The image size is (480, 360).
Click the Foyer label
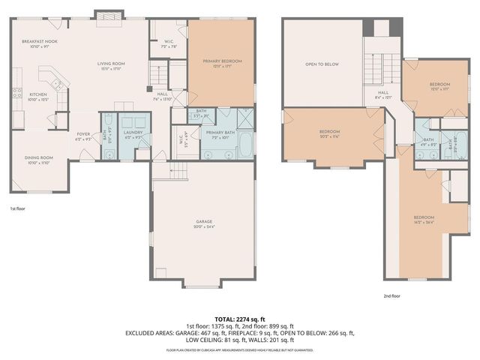pyautogui.click(x=83, y=136)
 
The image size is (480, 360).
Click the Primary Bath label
pyautogui.click(x=219, y=133)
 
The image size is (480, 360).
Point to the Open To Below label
pyautogui.click(x=322, y=64)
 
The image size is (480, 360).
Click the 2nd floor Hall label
pyautogui.click(x=382, y=95)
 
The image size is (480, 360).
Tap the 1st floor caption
pyautogui.click(x=18, y=208)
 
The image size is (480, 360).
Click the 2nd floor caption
pyautogui.click(x=391, y=295)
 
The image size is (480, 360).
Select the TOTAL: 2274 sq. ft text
pyautogui.click(x=240, y=318)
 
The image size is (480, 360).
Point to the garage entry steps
pyautogui.click(x=178, y=172)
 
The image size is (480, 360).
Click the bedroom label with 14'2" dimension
pyautogui.click(x=424, y=219)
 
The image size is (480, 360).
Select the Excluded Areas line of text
pyautogui.click(x=240, y=332)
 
